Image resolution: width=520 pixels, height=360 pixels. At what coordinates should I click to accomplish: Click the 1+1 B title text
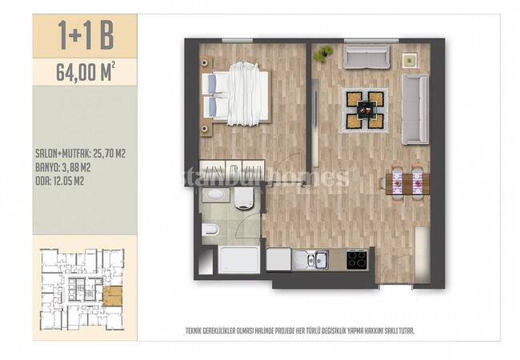coord(86,35)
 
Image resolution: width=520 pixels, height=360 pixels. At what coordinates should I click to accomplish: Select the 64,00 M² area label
coord(86,72)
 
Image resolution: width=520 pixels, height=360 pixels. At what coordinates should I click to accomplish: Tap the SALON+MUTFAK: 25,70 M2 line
coord(80,154)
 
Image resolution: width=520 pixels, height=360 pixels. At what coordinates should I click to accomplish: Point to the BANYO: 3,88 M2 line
coord(62,168)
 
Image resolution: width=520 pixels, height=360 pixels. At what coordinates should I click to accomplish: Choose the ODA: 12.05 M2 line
coord(59,181)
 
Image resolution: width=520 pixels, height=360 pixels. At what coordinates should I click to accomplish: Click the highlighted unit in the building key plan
coord(113,296)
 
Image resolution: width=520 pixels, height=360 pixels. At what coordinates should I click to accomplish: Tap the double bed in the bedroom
coord(236,94)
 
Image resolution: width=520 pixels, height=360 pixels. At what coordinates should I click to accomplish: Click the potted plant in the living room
coord(323,53)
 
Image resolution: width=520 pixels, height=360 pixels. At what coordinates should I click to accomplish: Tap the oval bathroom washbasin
coord(216,195)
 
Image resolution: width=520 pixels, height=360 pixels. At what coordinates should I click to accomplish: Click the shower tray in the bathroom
coord(239,260)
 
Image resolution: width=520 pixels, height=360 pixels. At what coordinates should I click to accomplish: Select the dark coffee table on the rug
coord(365,109)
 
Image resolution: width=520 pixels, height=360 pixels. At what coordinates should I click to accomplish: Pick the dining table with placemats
coord(407,183)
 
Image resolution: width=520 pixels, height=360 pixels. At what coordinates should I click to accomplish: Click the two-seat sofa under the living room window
coord(366,58)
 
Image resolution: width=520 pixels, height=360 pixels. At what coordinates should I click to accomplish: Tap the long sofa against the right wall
coord(415,109)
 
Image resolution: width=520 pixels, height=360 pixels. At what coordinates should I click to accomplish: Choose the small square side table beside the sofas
coord(410,60)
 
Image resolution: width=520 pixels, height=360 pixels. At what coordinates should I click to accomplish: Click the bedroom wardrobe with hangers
coord(232,172)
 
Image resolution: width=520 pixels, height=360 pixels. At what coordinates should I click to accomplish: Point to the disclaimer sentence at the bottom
coord(300,330)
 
